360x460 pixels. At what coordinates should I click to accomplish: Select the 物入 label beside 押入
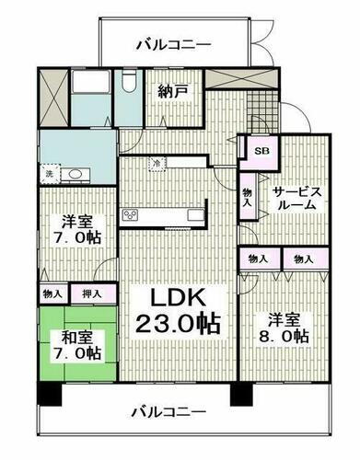[x=52, y=293]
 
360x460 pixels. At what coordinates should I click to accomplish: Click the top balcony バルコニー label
[x=172, y=43]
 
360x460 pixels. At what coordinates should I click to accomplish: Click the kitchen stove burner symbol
[x=129, y=215]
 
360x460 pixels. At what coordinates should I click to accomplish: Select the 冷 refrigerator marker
[x=156, y=164]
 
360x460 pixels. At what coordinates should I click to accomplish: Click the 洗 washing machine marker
[x=49, y=173]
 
